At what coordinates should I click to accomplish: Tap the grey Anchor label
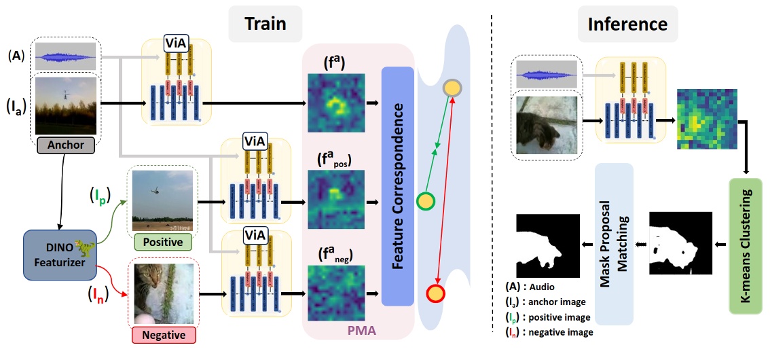click(x=66, y=145)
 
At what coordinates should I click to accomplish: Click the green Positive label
click(x=162, y=241)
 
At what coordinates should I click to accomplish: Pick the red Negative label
click(x=163, y=335)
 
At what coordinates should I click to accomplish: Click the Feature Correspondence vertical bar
click(x=398, y=185)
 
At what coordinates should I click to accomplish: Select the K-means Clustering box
click(x=746, y=245)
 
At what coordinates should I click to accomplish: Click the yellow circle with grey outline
click(x=452, y=88)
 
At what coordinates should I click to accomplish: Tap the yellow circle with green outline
click(x=425, y=201)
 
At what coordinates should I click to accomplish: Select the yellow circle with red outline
click(x=434, y=293)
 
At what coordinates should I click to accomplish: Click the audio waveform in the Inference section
click(x=547, y=73)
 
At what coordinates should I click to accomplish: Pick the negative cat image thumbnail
click(x=162, y=293)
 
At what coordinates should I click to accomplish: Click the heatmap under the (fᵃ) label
click(x=336, y=102)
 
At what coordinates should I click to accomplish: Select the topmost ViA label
click(x=176, y=44)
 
